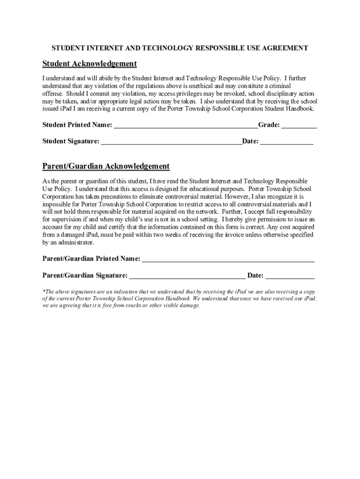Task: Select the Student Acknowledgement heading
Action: [89, 64]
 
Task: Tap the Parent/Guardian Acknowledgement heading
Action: [106, 166]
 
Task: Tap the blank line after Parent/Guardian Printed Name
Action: [228, 259]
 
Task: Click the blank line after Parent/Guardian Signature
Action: [187, 276]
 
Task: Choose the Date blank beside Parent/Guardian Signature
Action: [290, 276]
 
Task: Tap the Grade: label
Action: [269, 125]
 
